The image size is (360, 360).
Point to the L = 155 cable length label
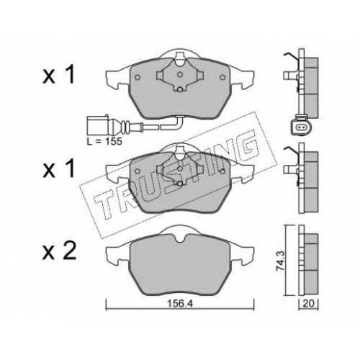pyautogui.click(x=104, y=142)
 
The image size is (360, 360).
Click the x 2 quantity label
pyautogui.click(x=59, y=251)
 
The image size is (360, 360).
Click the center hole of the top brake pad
pyautogui.click(x=180, y=75)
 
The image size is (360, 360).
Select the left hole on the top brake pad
pyautogui.click(x=138, y=77)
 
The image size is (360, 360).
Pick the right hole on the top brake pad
pyautogui.click(x=222, y=77)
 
